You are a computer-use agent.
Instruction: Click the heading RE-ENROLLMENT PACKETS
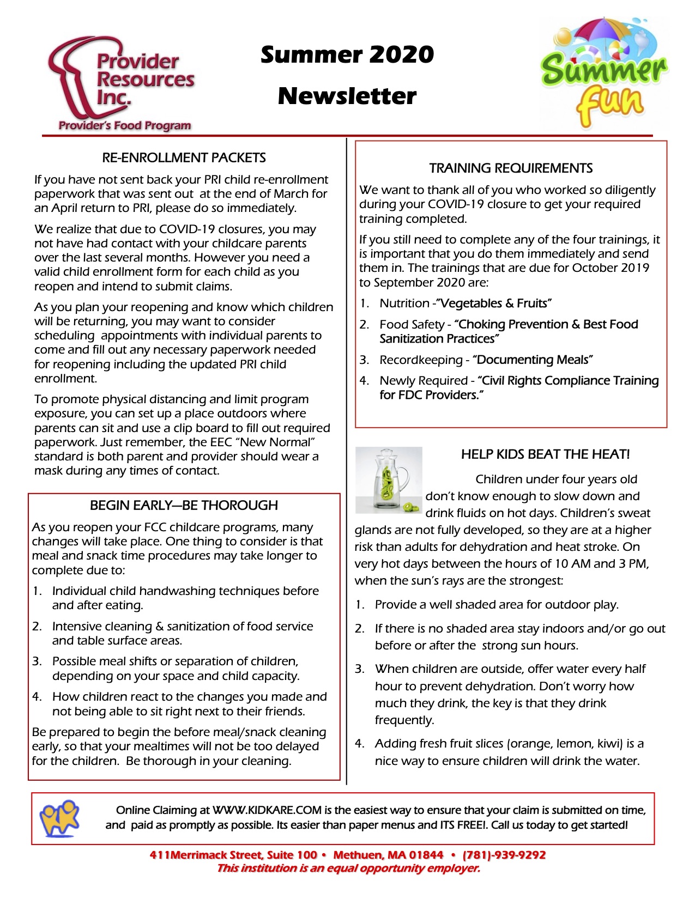pos(184,158)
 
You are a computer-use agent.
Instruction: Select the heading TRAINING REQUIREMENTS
pos(511,168)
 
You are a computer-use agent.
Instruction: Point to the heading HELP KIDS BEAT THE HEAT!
pos(545,454)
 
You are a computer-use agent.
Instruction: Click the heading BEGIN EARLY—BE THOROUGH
pos(184,506)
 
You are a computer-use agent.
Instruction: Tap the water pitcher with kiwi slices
pos(388,480)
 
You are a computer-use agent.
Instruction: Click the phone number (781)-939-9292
pos(504,855)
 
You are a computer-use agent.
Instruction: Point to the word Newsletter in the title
pos(347,96)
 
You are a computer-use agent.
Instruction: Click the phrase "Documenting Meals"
pos(533,360)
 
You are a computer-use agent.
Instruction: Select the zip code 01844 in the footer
pos(426,855)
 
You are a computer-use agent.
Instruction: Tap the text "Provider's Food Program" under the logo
pos(125,126)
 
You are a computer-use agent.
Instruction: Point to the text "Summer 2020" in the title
pos(347,54)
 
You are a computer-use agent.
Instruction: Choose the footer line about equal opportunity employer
pos(348,868)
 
